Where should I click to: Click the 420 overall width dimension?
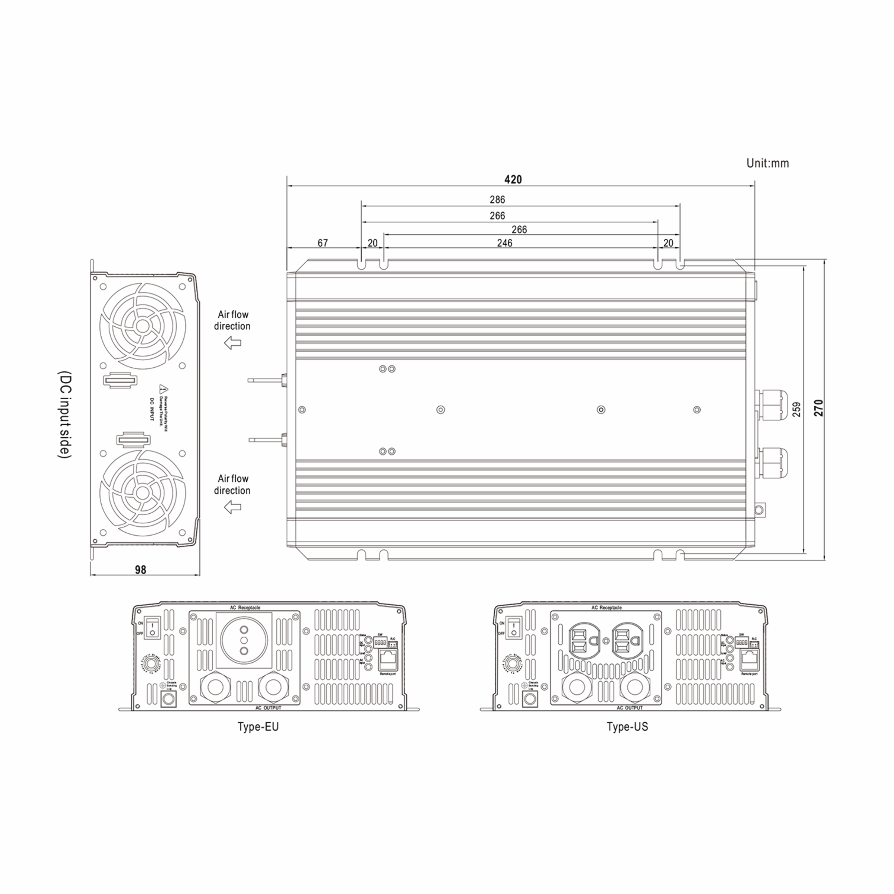(x=513, y=180)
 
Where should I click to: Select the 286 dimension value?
(x=497, y=200)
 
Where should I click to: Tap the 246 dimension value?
(x=504, y=243)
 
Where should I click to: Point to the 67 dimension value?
(x=323, y=243)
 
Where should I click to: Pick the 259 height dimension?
(x=796, y=409)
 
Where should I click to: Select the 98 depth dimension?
(x=141, y=570)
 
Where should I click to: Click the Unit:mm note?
(x=767, y=164)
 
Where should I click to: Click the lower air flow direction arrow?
(x=233, y=508)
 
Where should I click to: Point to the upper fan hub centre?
(x=143, y=326)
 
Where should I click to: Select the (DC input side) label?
(x=65, y=415)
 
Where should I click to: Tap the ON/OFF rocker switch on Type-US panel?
(x=513, y=627)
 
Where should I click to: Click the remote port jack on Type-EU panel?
(x=388, y=660)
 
